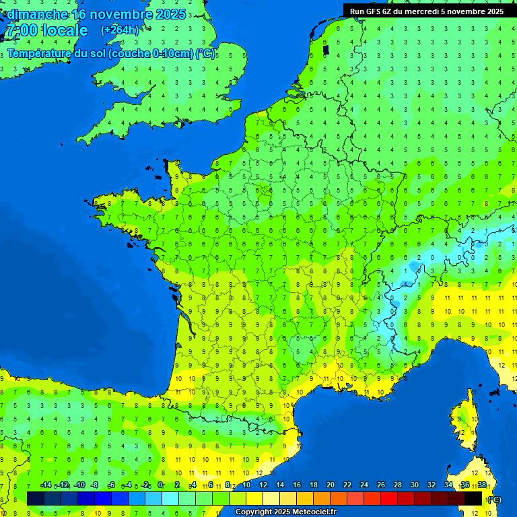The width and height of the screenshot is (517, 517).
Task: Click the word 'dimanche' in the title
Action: [37, 14]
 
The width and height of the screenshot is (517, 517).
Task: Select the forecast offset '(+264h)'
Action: [120, 30]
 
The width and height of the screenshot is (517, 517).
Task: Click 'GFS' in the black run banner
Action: [372, 11]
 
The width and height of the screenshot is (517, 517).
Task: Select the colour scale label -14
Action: [46, 485]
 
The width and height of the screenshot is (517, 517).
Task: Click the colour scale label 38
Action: [482, 485]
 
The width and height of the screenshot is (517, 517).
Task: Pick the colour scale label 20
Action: [331, 485]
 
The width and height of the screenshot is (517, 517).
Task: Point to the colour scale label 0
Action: [160, 485]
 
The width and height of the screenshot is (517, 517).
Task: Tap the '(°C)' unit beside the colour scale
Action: [494, 499]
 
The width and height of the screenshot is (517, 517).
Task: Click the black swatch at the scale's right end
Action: [473, 498]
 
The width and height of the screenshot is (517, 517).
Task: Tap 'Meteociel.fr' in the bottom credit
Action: [314, 512]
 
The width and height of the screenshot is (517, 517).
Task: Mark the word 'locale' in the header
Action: [65, 30]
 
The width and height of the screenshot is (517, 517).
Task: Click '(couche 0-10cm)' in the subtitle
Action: [151, 53]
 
